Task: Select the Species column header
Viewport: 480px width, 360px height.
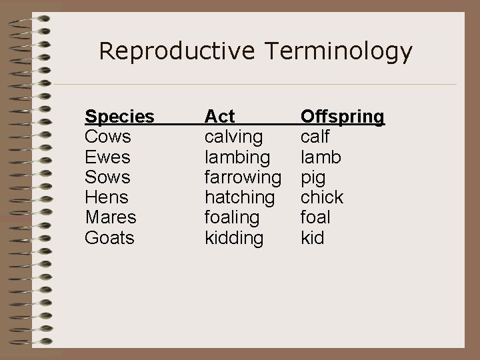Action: [119, 117]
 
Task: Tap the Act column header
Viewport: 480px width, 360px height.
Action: [219, 117]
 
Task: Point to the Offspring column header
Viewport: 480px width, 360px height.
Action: [343, 117]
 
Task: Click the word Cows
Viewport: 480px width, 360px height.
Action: [108, 137]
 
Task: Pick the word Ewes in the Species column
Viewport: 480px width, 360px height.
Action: [107, 157]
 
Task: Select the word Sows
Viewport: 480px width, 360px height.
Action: [107, 177]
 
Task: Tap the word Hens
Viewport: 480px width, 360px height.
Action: [107, 197]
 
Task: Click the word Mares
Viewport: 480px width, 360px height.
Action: [110, 217]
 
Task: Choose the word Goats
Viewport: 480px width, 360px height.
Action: [109, 237]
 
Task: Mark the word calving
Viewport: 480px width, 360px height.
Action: [233, 137]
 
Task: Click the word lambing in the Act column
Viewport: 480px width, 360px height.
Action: [237, 157]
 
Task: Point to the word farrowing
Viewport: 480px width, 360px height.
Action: [243, 177]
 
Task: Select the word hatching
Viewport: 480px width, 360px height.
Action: [239, 197]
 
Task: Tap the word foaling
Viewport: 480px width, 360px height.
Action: [231, 217]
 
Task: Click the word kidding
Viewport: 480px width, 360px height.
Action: [233, 237]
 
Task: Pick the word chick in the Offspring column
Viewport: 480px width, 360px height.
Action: [322, 197]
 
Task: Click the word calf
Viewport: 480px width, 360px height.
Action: [315, 137]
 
